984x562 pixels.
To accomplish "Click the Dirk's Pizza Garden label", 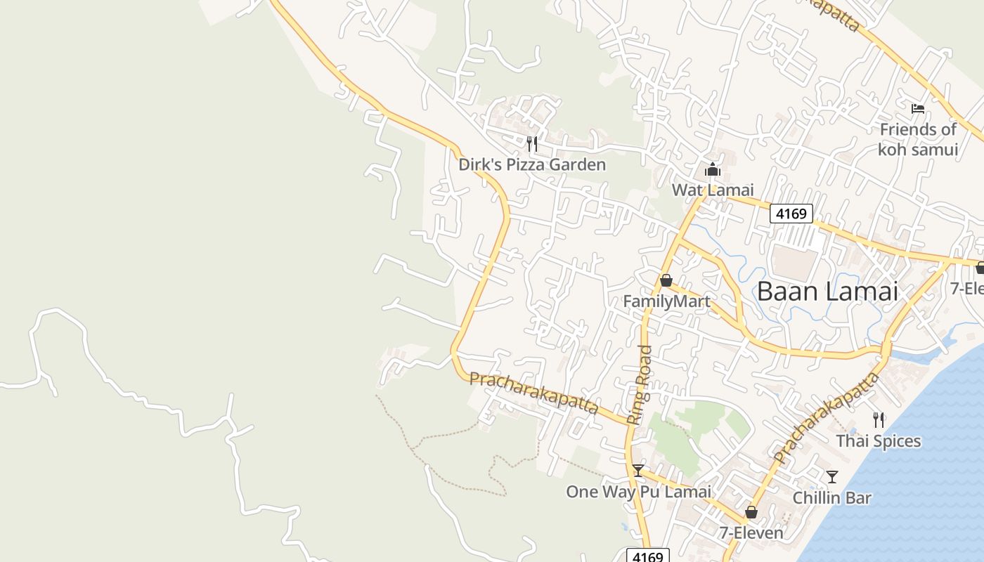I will point(531,165).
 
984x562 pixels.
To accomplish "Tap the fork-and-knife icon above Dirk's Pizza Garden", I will point(532,144).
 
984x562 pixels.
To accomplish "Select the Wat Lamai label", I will point(712,190).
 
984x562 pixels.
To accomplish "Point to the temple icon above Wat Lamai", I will point(712,169).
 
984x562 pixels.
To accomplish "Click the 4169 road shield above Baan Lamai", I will point(791,214).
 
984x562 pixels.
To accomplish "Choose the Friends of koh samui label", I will point(918,139).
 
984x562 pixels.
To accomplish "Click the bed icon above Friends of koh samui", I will point(918,109).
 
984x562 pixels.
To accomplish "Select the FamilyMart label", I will point(666,301).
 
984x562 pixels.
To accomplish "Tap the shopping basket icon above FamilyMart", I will point(666,281).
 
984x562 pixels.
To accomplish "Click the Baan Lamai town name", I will point(827,291).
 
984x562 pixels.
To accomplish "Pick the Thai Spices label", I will point(878,441).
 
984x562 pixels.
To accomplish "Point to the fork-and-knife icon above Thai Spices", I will point(879,420).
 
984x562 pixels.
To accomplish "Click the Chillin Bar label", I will point(831,498).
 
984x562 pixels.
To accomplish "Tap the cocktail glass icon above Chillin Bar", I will point(832,477).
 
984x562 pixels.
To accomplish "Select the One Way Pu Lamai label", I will point(638,492).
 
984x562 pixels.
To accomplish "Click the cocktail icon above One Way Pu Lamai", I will point(638,471).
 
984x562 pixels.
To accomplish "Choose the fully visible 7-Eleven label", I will point(751,533).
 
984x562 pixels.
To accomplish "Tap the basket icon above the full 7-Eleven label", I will point(751,512).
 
